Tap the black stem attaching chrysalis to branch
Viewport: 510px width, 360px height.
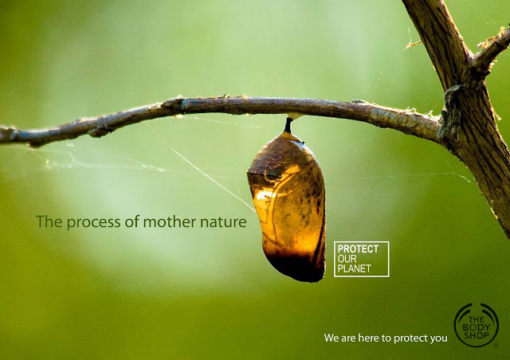point(288,125)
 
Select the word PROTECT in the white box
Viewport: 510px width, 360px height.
point(358,249)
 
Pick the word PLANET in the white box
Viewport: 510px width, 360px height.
point(354,268)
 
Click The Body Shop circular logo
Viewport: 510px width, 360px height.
point(477,325)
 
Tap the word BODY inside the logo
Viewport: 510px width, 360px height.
point(477,327)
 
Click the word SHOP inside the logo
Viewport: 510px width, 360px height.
point(477,335)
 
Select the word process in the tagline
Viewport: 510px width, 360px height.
point(94,222)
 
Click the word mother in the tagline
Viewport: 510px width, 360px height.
point(170,221)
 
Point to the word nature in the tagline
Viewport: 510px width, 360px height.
point(223,222)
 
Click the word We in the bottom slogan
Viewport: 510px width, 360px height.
point(331,338)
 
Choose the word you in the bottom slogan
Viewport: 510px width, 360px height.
point(439,339)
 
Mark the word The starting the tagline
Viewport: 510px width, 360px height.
point(49,221)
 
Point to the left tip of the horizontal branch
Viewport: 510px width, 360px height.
point(2,135)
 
